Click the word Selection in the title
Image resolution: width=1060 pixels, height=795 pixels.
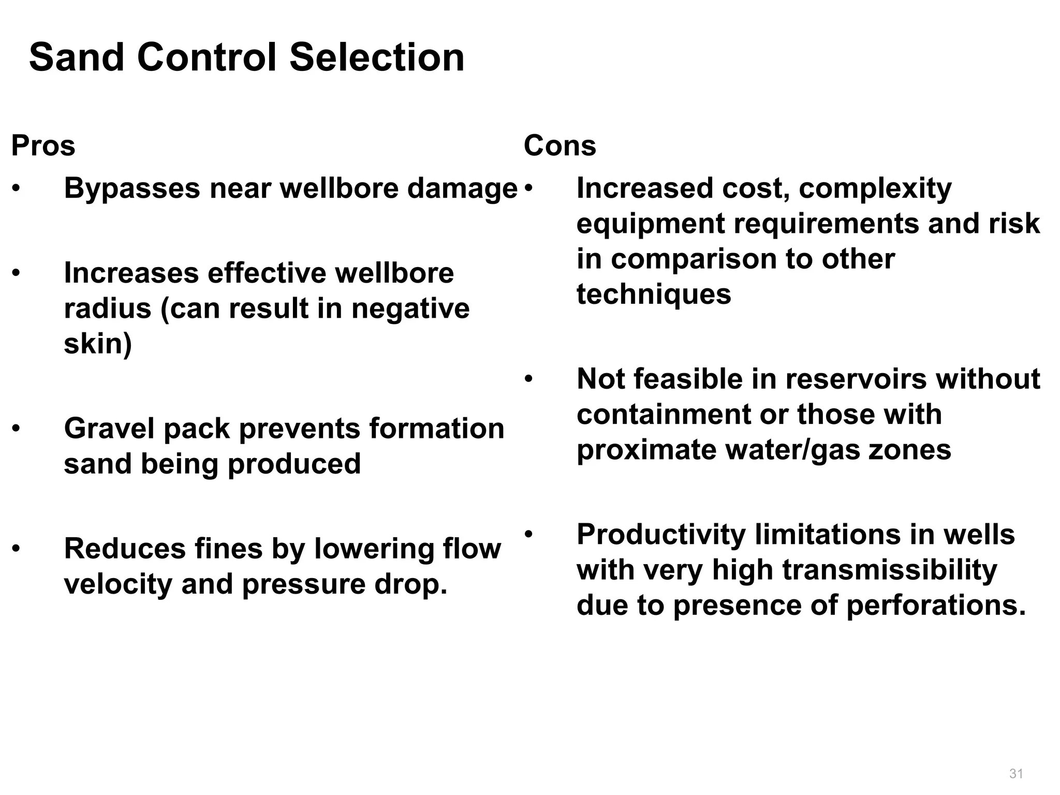(377, 57)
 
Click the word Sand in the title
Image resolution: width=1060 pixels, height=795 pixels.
(77, 57)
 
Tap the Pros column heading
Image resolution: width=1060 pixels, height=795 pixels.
(43, 145)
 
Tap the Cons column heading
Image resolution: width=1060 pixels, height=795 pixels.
(560, 145)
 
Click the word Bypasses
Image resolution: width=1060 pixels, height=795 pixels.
(132, 188)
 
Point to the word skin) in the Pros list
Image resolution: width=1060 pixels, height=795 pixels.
(98, 343)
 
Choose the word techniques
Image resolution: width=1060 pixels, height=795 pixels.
(654, 295)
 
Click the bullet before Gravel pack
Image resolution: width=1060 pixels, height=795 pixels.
(17, 429)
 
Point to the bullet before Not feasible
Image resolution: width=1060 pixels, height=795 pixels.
(528, 379)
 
